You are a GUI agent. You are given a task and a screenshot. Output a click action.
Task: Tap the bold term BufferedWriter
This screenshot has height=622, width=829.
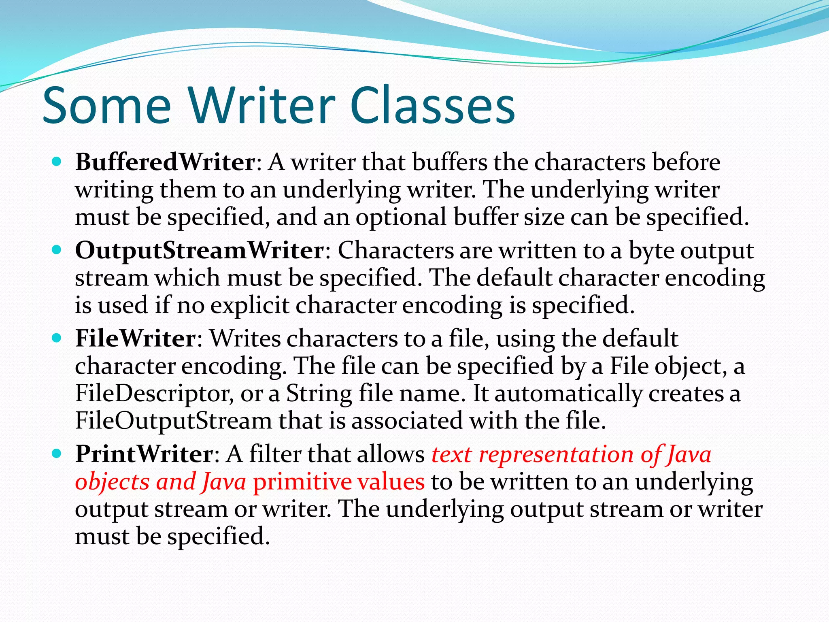[x=165, y=162]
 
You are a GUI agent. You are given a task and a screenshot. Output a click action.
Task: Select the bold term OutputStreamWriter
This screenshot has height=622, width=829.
[x=200, y=251]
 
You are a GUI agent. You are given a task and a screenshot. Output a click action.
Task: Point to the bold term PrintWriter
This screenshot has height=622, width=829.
[x=144, y=454]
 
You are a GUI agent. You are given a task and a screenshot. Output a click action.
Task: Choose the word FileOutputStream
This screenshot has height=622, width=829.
[x=173, y=421]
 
